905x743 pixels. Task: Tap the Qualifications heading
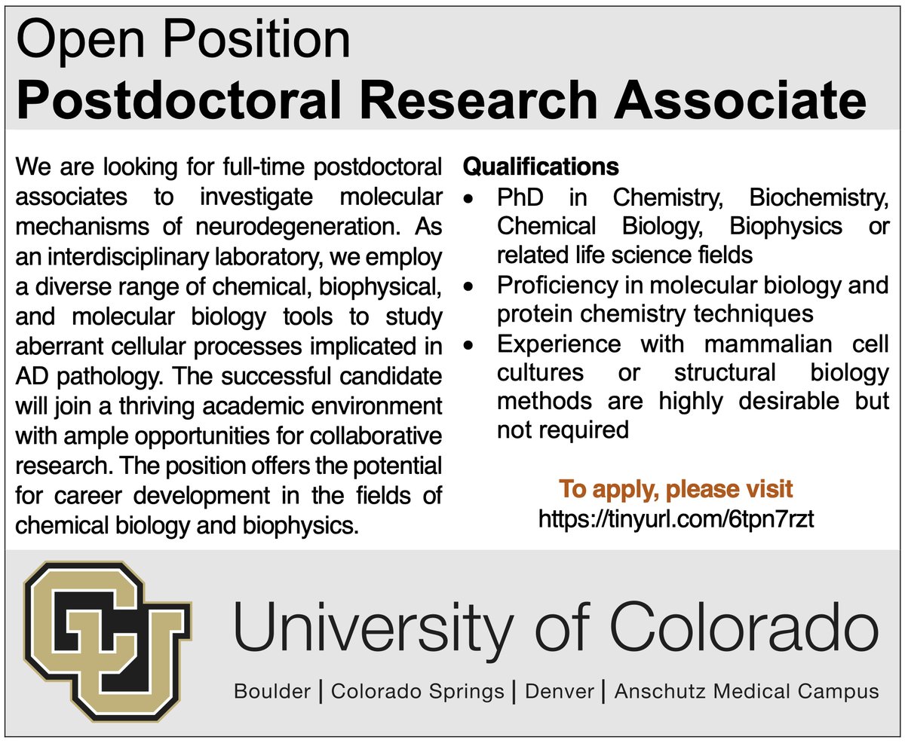541,166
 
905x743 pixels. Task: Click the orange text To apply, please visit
676,490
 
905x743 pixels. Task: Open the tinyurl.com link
676,519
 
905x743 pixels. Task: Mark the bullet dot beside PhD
470,200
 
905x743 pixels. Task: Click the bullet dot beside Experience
470,346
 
